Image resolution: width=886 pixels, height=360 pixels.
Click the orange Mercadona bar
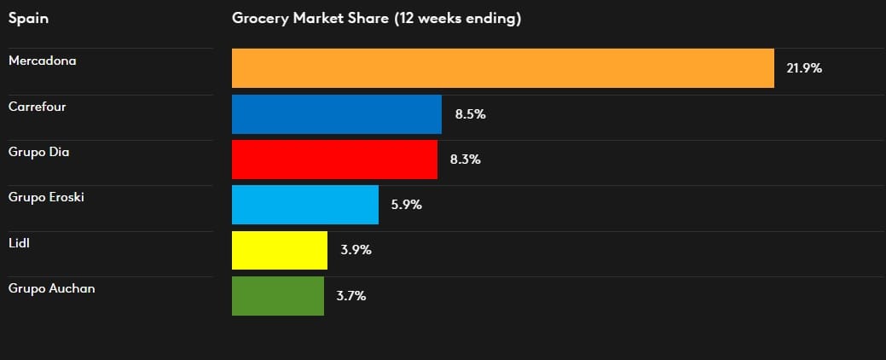(x=502, y=68)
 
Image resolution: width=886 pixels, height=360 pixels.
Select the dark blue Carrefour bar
(x=337, y=113)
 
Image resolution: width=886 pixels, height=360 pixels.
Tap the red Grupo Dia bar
(x=334, y=160)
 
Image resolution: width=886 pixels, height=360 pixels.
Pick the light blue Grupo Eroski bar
(x=305, y=205)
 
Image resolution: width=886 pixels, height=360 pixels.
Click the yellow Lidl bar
(x=280, y=250)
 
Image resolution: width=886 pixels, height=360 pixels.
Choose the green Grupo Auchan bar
(x=278, y=296)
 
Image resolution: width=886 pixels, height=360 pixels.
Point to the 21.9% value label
(x=804, y=68)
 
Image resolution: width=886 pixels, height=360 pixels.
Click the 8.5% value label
(x=470, y=113)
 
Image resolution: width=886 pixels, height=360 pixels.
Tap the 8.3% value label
(x=466, y=160)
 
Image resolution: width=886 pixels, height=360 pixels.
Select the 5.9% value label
(x=407, y=205)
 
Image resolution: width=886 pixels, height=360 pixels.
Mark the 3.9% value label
(x=356, y=250)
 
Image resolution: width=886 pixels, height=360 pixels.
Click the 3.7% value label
(x=351, y=296)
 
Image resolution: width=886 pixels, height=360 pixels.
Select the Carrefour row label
(x=37, y=107)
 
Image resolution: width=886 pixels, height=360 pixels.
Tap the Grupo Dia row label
(x=38, y=152)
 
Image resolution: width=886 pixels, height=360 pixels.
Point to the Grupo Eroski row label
(x=46, y=197)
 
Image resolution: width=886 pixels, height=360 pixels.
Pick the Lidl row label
(x=20, y=243)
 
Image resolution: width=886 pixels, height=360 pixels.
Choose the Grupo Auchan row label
(x=51, y=288)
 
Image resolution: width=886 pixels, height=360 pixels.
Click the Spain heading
(x=27, y=18)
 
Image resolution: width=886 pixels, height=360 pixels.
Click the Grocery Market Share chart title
(x=376, y=18)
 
